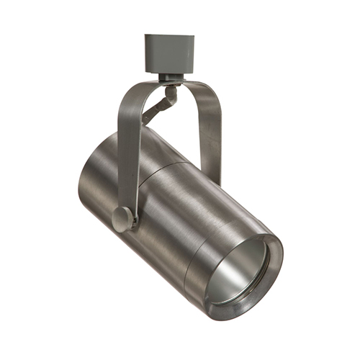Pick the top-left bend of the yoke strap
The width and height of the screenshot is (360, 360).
130,94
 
